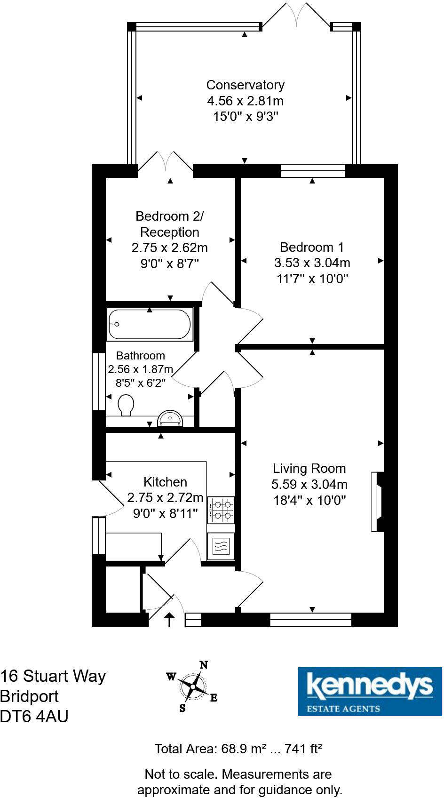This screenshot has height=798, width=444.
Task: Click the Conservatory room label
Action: point(245,85)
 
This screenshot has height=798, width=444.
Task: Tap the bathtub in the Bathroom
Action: point(150,324)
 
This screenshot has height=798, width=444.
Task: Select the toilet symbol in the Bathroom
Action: point(126,405)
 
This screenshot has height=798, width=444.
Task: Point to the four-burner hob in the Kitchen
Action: point(221,510)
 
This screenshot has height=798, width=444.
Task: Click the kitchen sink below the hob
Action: point(221,546)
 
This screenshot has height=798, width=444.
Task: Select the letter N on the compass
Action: point(204,665)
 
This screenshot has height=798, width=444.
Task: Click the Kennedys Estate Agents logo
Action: point(370,691)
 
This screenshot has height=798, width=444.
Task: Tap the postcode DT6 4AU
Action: point(34,716)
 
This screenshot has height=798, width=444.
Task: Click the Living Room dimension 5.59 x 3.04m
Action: point(309,484)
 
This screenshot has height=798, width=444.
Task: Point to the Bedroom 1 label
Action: point(312,247)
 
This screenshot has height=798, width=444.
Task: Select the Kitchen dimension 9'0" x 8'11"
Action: point(165,513)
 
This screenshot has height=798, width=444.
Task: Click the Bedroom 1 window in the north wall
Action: point(313,171)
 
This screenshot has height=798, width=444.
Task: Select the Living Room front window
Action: point(311,620)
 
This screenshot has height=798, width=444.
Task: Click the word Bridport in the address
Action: point(29,696)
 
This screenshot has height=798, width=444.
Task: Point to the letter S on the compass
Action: point(182,708)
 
